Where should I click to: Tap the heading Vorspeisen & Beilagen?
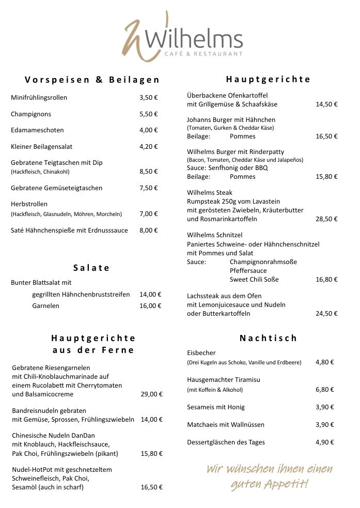(92, 80)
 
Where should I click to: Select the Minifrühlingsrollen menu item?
(39, 97)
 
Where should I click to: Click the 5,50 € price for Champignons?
(149, 114)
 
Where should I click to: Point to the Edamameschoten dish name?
(37, 130)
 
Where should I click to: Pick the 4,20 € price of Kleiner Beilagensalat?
(149, 147)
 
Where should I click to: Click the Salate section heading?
(91, 268)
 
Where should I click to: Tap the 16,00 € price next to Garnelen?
(150, 306)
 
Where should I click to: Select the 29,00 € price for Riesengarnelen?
(151, 394)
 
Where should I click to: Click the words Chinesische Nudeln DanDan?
(53, 436)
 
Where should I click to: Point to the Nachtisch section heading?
(268, 338)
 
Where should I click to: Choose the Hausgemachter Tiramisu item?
(224, 379)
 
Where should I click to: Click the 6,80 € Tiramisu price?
(325, 390)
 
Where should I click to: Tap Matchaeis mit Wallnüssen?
(226, 425)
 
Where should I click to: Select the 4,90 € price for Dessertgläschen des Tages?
(325, 442)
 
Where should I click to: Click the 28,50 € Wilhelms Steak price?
(326, 219)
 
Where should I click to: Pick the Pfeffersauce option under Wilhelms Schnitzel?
(248, 271)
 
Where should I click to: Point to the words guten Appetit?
(269, 485)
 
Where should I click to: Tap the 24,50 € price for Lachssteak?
(326, 314)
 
